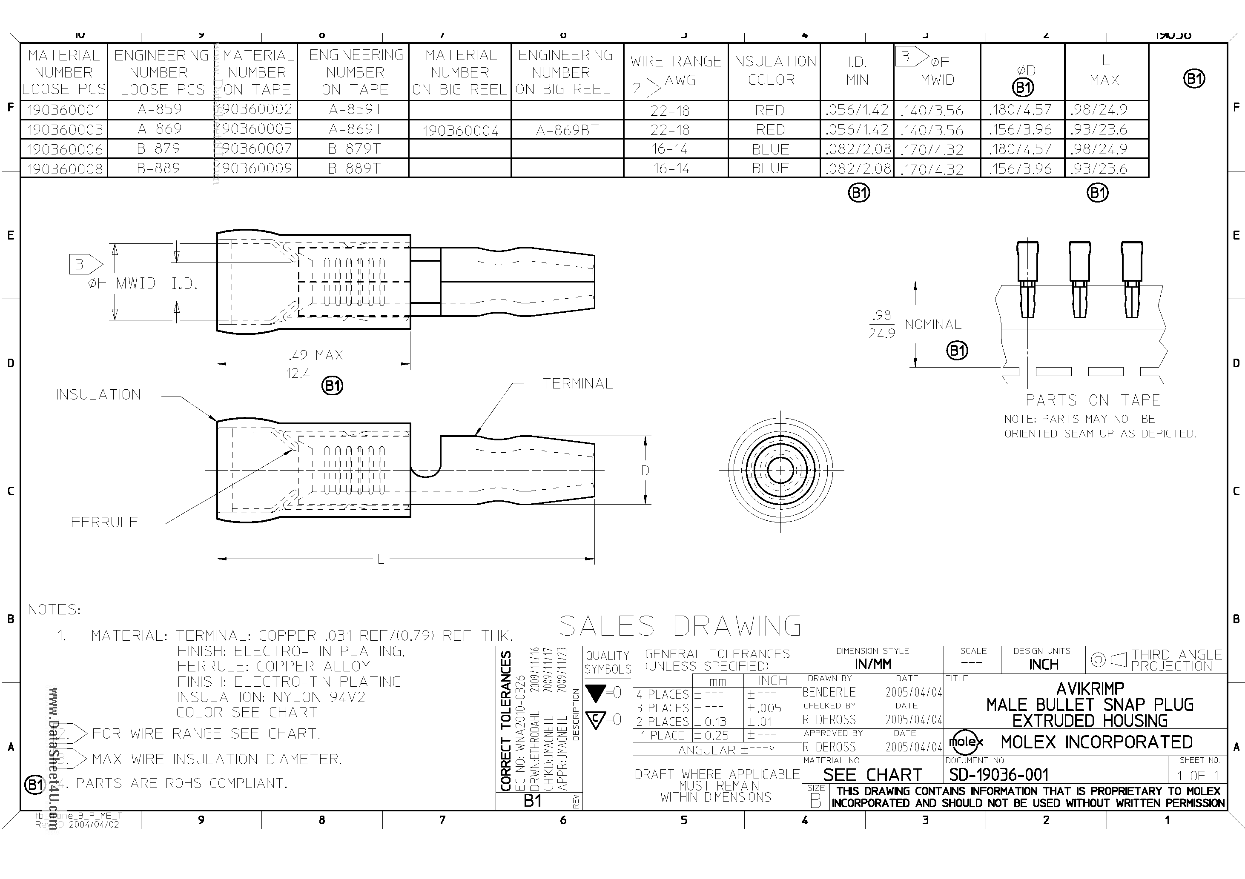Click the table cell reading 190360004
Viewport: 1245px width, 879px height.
coord(460,131)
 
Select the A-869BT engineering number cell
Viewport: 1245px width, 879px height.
coord(567,131)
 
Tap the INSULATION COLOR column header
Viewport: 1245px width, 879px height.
coord(773,71)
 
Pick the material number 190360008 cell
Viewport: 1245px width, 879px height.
coord(65,169)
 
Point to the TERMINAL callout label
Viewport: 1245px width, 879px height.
coord(577,384)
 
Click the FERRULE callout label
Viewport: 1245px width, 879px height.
coord(104,522)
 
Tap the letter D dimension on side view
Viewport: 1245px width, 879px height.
coord(645,471)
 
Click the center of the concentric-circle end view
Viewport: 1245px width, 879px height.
coord(780,471)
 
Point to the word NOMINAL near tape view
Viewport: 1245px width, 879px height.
coord(932,325)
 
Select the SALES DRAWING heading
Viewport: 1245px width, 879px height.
coord(680,626)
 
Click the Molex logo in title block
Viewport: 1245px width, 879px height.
coord(966,742)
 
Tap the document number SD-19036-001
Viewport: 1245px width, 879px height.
coord(998,775)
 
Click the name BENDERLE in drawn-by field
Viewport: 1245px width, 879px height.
coord(829,693)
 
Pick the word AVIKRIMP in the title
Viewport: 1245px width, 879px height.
coord(1090,689)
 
